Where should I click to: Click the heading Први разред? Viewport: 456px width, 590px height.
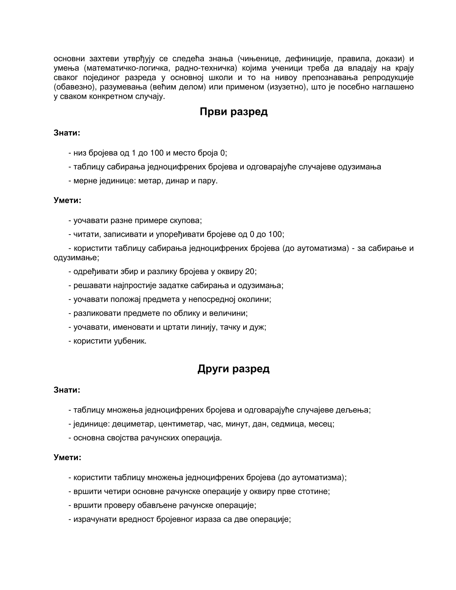tap(233, 112)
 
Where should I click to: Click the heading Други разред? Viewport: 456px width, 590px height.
tap(233, 369)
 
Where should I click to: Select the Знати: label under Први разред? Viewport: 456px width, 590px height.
tap(67, 133)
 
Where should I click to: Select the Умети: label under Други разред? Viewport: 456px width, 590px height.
tap(67, 457)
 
